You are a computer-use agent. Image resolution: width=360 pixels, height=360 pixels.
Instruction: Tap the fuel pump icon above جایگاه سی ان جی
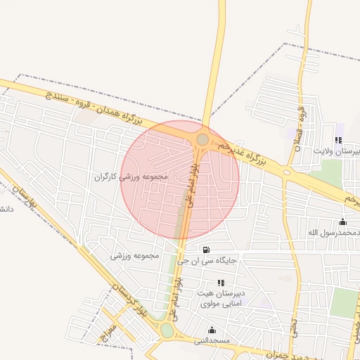pyautogui.click(x=205, y=249)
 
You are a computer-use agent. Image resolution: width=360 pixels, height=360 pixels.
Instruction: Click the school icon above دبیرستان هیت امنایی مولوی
pyautogui.click(x=221, y=282)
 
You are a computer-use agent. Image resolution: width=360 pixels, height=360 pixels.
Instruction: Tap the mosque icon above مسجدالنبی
pyautogui.click(x=212, y=330)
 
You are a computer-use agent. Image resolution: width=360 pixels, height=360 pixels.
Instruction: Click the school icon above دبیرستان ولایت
pyautogui.click(x=339, y=140)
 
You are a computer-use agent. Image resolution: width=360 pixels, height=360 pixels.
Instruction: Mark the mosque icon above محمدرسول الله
pyautogui.click(x=342, y=221)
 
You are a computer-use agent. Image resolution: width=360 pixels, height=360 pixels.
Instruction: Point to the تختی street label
pyautogui.click(x=295, y=328)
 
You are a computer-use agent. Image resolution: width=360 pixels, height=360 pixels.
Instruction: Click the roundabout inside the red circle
pyautogui.click(x=202, y=139)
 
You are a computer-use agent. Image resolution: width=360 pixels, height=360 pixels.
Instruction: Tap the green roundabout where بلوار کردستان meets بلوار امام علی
pyautogui.click(x=167, y=330)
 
